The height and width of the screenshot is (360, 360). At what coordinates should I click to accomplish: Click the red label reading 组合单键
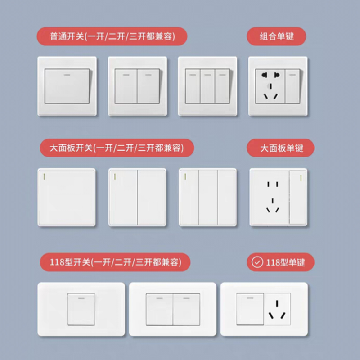pyautogui.click(x=276, y=36)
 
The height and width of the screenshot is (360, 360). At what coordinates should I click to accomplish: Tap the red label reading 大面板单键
pyautogui.click(x=280, y=148)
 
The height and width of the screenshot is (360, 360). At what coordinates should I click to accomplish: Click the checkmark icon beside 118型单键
pyautogui.click(x=257, y=262)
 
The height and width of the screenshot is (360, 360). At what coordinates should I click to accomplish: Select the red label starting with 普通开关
pyautogui.click(x=112, y=36)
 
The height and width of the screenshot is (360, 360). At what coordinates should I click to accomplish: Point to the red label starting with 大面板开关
pyautogui.click(x=117, y=148)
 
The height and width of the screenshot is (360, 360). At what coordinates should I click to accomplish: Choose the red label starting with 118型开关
pyautogui.click(x=115, y=262)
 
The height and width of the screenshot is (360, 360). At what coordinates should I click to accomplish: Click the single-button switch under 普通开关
pyautogui.click(x=67, y=86)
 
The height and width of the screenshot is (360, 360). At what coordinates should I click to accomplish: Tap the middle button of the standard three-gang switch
pyautogui.click(x=207, y=86)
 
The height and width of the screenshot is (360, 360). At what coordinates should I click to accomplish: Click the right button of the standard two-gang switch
pyautogui.click(x=148, y=86)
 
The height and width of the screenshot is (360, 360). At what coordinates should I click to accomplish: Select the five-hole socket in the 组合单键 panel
pyautogui.click(x=270, y=86)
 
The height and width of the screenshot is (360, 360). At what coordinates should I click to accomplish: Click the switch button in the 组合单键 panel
pyautogui.click(x=292, y=86)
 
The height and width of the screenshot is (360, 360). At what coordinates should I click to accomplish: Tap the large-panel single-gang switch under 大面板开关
pyautogui.click(x=67, y=198)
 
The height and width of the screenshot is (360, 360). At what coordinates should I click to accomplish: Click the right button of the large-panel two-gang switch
pyautogui.click(x=152, y=198)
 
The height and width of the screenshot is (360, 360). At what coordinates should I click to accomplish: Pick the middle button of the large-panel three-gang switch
pyautogui.click(x=208, y=198)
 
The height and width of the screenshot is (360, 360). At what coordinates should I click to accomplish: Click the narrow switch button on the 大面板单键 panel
pyautogui.click(x=298, y=198)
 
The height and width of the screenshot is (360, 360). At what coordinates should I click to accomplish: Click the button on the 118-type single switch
pyautogui.click(x=81, y=309)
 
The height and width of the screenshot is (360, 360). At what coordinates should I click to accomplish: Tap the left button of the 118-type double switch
pyautogui.click(x=159, y=309)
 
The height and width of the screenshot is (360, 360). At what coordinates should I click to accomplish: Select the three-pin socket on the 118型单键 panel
pyautogui.click(x=277, y=309)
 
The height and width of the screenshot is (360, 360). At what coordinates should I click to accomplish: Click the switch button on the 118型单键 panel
pyautogui.click(x=250, y=309)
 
